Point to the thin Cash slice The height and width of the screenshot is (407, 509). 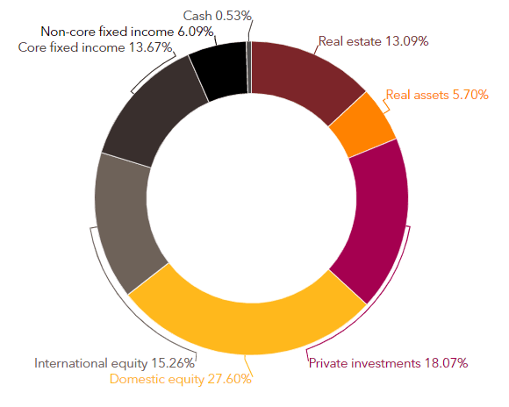(x=249, y=68)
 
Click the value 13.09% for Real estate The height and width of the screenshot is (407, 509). (x=406, y=41)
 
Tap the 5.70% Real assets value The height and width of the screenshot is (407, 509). (x=470, y=95)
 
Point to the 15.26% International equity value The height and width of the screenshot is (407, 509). (x=173, y=363)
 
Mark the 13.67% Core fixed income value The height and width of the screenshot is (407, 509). (x=150, y=47)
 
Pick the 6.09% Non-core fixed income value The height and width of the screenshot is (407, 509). (x=196, y=32)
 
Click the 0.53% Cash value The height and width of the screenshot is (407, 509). (x=233, y=16)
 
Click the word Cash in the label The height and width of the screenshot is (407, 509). (x=197, y=16)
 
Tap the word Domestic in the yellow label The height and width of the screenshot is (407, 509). (x=133, y=379)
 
